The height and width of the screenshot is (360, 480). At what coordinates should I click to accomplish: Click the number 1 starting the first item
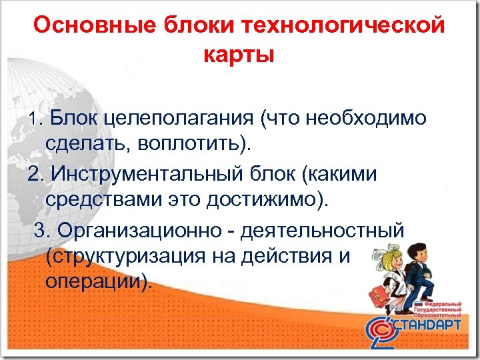point(35,119)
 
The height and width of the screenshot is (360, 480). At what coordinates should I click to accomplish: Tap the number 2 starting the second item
point(34,175)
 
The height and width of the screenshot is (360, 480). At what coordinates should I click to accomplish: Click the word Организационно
point(141,231)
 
